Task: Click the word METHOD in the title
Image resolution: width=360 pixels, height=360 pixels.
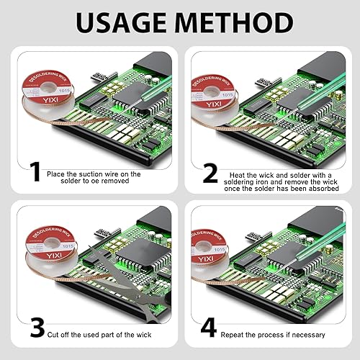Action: pos(234,23)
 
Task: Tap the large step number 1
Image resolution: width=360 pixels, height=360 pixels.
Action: pos(35,171)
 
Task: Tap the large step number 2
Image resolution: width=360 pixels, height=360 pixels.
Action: pos(210,174)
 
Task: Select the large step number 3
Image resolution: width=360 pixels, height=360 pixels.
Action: pos(37,328)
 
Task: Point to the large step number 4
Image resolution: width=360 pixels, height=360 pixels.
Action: pos(209,328)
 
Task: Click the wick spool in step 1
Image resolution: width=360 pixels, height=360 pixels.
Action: pos(48,95)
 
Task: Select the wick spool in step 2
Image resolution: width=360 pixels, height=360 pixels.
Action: pos(214,99)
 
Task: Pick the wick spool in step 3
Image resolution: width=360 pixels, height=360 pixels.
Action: pos(52,251)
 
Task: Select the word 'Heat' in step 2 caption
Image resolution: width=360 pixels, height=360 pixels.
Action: pos(236,175)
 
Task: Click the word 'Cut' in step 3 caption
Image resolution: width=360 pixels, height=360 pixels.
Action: pos(53,335)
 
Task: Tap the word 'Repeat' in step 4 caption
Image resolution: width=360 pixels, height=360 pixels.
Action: pos(232,335)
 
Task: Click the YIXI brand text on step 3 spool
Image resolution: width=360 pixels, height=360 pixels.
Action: pos(54,256)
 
